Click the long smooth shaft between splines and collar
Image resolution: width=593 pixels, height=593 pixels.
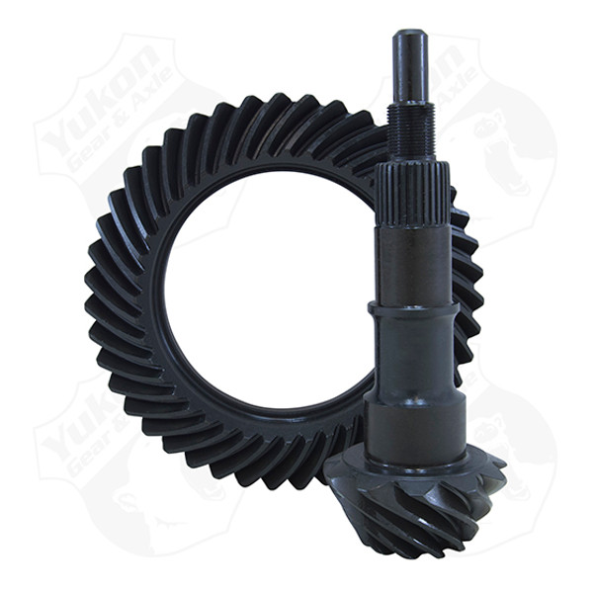click(x=413, y=262)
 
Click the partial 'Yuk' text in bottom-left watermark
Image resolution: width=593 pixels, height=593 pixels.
click(x=74, y=420)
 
